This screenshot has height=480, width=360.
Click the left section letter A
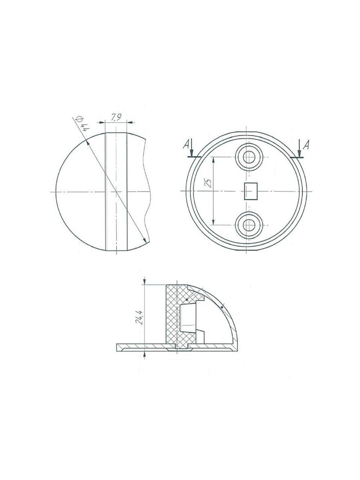click(186, 144)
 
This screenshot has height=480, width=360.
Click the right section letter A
click(306, 145)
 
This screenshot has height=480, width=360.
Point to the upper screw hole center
click(249, 157)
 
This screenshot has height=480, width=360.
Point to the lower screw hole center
click(249, 225)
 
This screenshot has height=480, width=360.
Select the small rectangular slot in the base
click(250, 191)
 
